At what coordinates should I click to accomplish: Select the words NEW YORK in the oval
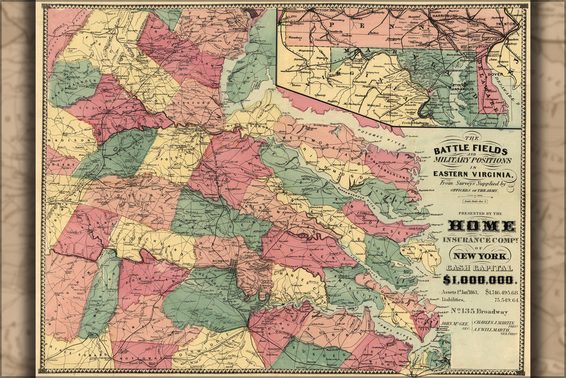click(x=480, y=255)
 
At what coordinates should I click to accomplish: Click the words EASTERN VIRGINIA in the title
click(x=474, y=175)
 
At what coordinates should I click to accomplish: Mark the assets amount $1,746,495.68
click(x=502, y=292)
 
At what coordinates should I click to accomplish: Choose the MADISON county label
click(x=66, y=139)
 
